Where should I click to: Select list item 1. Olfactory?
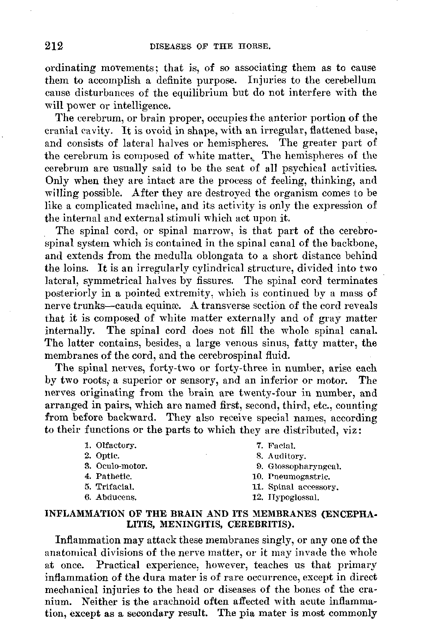point(111,445)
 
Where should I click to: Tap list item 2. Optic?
point(102,456)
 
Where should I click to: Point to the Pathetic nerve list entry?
point(108,477)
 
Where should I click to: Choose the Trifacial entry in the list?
point(110,487)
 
